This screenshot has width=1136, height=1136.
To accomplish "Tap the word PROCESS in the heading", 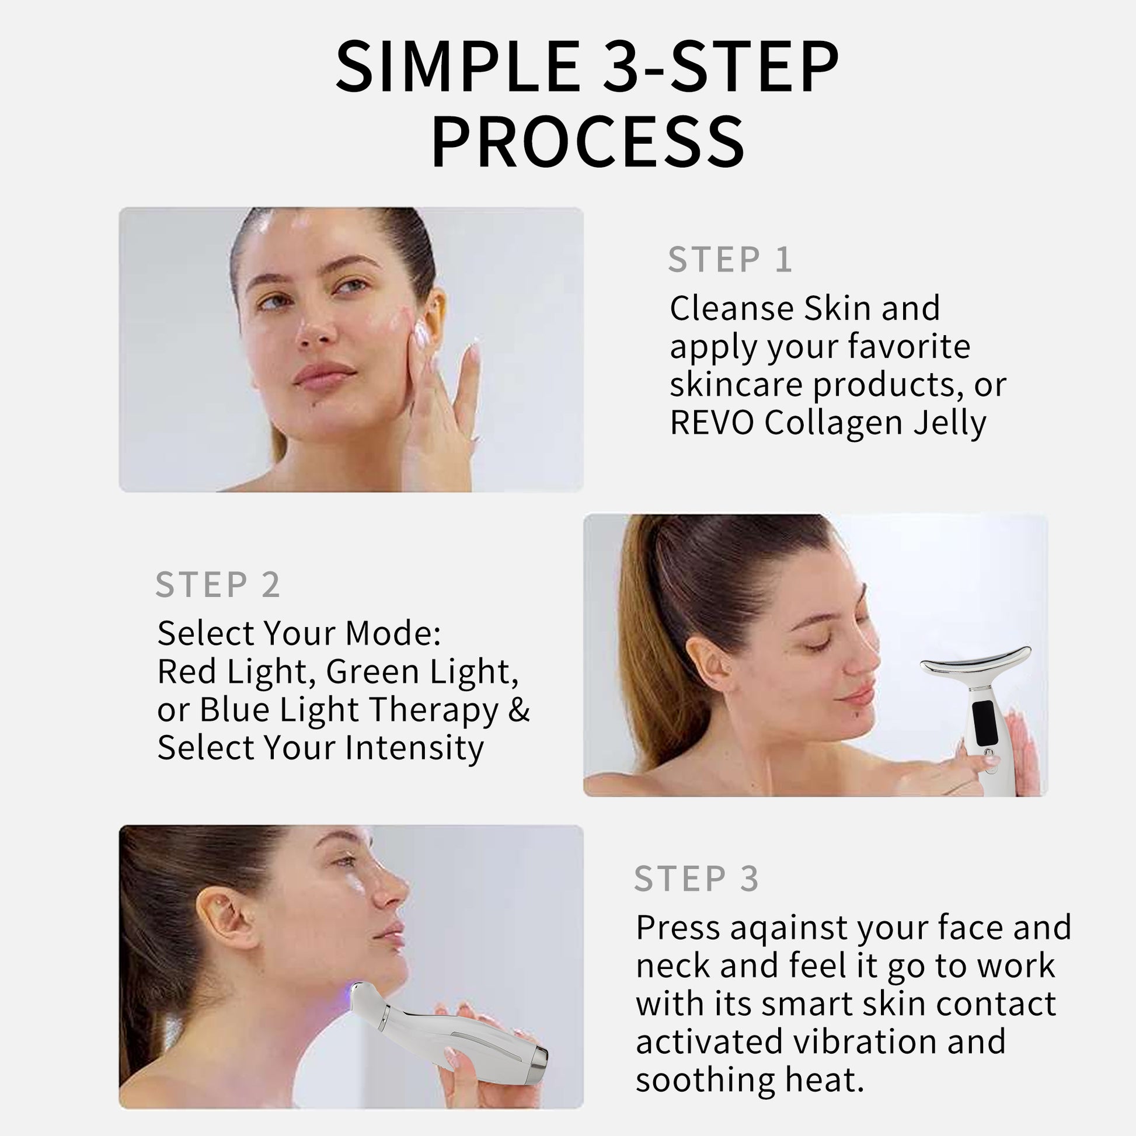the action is pyautogui.click(x=588, y=142).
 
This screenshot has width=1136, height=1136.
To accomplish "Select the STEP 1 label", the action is pyautogui.click(x=730, y=259).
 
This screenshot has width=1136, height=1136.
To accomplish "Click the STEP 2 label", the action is pyautogui.click(x=218, y=584).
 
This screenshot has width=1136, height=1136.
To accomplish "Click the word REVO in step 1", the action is pyautogui.click(x=712, y=423).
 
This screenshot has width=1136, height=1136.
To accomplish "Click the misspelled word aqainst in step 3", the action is pyautogui.click(x=789, y=929).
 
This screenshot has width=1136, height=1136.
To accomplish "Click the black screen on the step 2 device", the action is pyautogui.click(x=984, y=722).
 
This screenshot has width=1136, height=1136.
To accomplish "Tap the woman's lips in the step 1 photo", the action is pyautogui.click(x=324, y=375).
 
